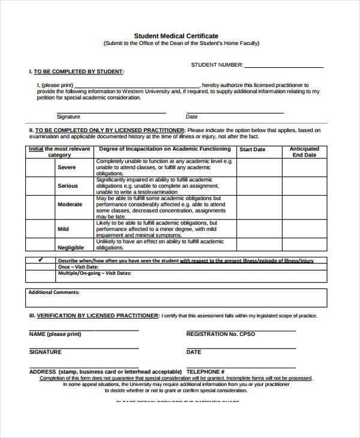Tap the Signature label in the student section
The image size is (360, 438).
(68, 117)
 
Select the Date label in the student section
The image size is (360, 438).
(192, 117)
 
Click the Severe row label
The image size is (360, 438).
(67, 167)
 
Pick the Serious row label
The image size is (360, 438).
(67, 186)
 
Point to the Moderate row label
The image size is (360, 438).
(70, 205)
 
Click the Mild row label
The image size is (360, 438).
(63, 229)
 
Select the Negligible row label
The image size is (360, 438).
(71, 247)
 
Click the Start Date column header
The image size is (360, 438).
(252, 149)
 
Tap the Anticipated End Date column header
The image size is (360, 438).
(304, 152)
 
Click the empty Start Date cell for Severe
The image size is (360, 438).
(259, 167)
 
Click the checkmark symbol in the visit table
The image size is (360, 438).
(41, 260)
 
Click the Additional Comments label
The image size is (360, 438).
(54, 292)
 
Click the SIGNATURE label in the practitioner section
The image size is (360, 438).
(45, 352)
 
